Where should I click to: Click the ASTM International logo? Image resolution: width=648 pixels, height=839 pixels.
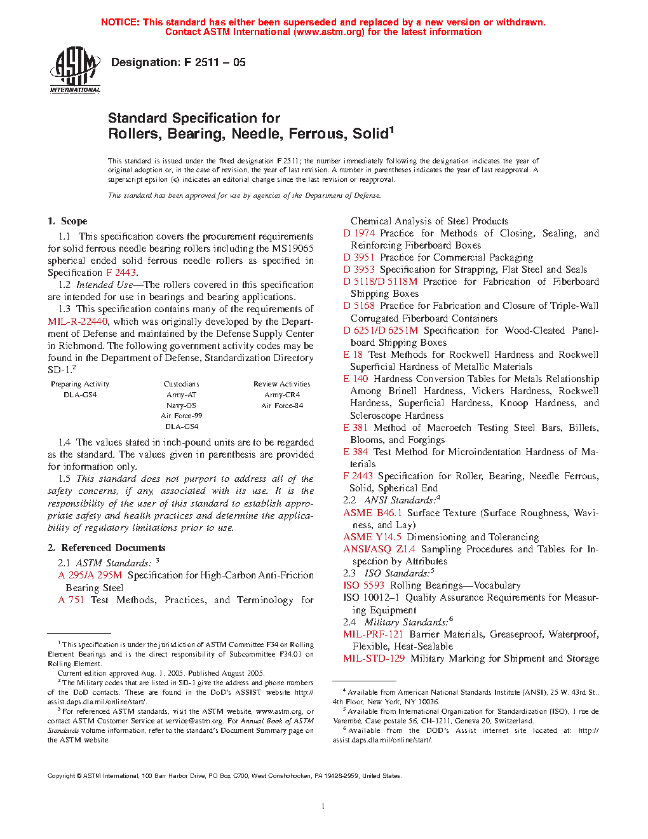tap(75, 71)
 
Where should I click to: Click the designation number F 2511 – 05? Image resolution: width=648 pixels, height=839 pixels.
tap(215, 62)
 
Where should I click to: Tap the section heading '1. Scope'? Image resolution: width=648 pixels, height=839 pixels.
tap(67, 221)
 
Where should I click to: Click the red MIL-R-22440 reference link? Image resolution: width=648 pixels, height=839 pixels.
tap(78, 322)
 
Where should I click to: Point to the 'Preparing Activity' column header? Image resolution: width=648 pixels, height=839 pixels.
tap(80, 384)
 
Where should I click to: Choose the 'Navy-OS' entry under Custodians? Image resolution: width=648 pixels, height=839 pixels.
tap(181, 405)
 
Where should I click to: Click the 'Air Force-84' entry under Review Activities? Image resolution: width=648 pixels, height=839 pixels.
tap(282, 405)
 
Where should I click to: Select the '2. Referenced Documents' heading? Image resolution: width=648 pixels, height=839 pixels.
tap(107, 548)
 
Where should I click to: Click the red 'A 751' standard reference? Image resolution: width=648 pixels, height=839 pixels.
tap(71, 600)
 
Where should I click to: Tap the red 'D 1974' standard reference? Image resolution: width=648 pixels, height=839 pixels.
tap(359, 233)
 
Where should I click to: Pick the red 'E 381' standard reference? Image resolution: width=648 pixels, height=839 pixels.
tap(355, 428)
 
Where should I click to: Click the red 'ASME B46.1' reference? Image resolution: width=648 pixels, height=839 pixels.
tap(372, 513)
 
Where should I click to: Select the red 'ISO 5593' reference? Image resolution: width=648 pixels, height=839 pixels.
tap(363, 585)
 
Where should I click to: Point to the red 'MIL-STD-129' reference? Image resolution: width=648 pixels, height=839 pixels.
tap(374, 658)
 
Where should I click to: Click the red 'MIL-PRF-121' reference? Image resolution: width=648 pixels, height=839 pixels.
tap(373, 634)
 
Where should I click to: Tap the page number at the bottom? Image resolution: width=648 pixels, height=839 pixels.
tap(323, 807)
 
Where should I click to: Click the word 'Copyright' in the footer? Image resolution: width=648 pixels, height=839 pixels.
tap(62, 775)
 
